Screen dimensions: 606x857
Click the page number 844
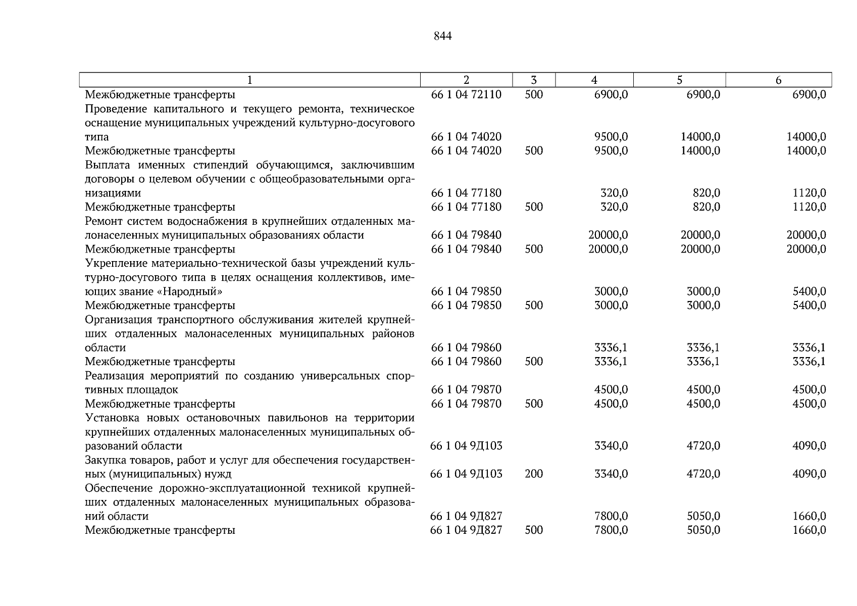pyautogui.click(x=442, y=36)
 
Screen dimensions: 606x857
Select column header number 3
pyautogui.click(x=534, y=80)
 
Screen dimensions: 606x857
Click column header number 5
pyautogui.click(x=679, y=80)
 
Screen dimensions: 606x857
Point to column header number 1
pyautogui.click(x=249, y=80)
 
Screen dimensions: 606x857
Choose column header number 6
pyautogui.click(x=778, y=80)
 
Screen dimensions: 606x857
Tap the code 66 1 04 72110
pyautogui.click(x=466, y=94)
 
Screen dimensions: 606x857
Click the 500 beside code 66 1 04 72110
pyautogui.click(x=534, y=94)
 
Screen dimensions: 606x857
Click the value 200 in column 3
pyautogui.click(x=534, y=474)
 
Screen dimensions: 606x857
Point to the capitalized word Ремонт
pyautogui.click(x=104, y=221)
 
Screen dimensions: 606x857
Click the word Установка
pyautogui.click(x=112, y=418)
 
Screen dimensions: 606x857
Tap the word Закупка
pyautogui.click(x=105, y=460)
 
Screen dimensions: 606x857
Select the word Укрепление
pyautogui.click(x=116, y=264)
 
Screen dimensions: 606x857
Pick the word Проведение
pyautogui.click(x=115, y=109)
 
